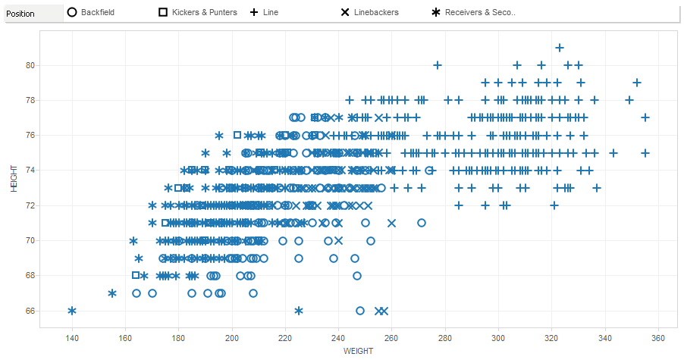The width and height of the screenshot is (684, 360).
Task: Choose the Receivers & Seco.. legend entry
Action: click(x=480, y=13)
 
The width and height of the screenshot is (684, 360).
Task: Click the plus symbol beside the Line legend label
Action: click(x=254, y=13)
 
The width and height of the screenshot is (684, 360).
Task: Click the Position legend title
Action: click(x=20, y=13)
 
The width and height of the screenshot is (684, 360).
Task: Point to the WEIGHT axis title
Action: click(x=358, y=351)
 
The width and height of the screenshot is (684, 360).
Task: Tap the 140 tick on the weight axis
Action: click(x=72, y=338)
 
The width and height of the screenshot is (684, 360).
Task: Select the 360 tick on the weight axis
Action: click(x=657, y=338)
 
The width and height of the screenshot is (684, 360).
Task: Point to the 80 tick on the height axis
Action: click(x=31, y=65)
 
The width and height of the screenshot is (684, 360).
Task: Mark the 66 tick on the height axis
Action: click(x=31, y=311)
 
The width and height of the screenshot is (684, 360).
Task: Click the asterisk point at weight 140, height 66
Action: click(x=72, y=311)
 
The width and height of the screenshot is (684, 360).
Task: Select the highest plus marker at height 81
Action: click(x=560, y=48)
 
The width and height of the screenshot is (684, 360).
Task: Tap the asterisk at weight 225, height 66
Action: click(x=299, y=311)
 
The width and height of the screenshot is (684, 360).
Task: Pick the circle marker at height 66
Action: click(x=360, y=311)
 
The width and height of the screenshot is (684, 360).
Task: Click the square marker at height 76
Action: click(x=237, y=135)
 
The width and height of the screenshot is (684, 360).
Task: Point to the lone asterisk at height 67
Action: click(x=112, y=293)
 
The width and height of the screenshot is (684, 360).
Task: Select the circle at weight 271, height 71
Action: click(x=422, y=223)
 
